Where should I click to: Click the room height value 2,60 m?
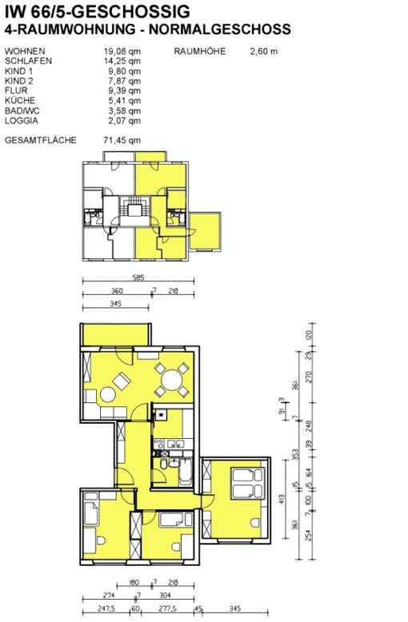point(263,51)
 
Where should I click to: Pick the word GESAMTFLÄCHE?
point(40,140)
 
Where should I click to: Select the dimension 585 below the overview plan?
point(138,279)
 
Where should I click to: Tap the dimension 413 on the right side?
point(282,499)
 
